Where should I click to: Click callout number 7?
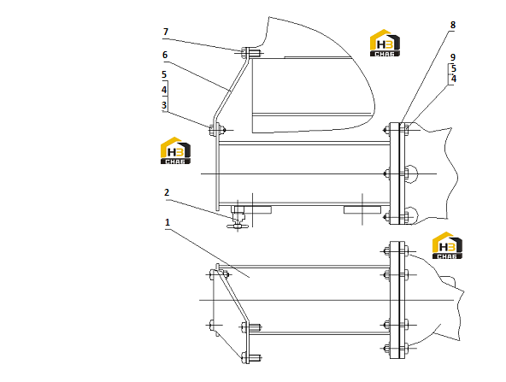click(166, 32)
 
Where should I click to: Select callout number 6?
click(165, 55)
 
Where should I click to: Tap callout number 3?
click(164, 105)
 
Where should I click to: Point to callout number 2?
click(167, 192)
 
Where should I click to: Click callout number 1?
click(168, 222)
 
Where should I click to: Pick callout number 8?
click(453, 25)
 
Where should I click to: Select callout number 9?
click(453, 57)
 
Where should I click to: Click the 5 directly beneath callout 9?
click(454, 68)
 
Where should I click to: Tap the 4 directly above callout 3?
click(164, 90)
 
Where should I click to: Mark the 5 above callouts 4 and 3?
click(164, 75)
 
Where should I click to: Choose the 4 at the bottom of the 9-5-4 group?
click(454, 79)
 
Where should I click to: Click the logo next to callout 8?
click(385, 43)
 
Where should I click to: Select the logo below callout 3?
click(175, 150)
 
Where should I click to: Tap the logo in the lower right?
click(447, 245)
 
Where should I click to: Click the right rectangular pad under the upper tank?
click(362, 210)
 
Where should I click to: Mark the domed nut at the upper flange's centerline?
click(410, 173)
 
